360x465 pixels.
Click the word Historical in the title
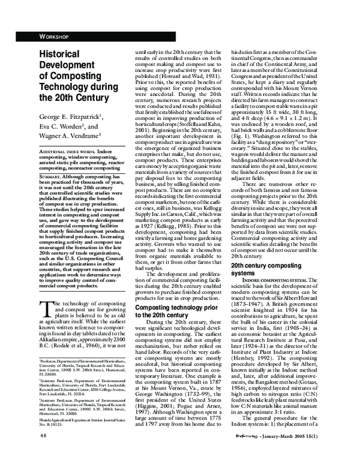(x=62, y=54)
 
